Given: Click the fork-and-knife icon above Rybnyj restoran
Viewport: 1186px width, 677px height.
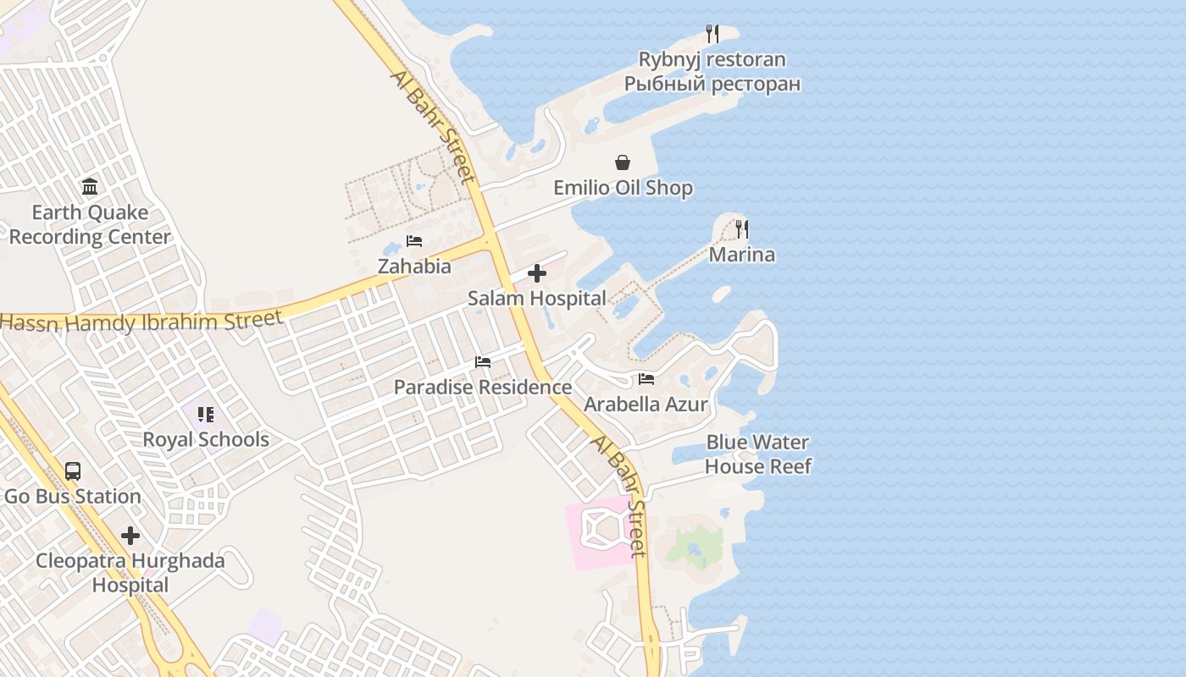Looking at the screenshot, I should (712, 34).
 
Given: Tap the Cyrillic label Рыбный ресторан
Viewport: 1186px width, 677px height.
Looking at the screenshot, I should (712, 84).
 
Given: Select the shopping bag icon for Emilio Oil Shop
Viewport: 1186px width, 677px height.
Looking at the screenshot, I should (623, 162).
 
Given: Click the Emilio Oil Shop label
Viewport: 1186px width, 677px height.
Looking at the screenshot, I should (623, 188).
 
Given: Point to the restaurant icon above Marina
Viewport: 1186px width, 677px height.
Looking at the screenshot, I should (742, 228).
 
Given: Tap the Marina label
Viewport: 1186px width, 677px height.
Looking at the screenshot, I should (742, 255).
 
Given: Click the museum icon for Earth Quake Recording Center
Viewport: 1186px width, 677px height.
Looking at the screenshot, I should (90, 186).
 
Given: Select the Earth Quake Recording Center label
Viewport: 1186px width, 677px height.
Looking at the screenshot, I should (90, 225).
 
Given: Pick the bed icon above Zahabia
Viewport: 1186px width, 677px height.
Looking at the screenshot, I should (414, 241).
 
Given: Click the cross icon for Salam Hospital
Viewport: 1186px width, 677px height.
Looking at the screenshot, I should (537, 273).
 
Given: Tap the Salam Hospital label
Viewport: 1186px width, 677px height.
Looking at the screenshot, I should (537, 299).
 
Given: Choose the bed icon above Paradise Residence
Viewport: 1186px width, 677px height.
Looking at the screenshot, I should (483, 362).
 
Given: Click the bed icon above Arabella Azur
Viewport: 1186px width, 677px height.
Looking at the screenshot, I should (646, 379).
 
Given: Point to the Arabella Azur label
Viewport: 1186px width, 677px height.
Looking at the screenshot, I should (646, 405).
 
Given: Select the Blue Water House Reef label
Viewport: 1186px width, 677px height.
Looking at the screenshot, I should (757, 454).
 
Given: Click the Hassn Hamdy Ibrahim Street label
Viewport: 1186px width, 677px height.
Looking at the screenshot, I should (141, 321).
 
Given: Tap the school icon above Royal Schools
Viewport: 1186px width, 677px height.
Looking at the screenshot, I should (206, 415).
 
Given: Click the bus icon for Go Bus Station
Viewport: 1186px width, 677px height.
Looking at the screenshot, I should (73, 471).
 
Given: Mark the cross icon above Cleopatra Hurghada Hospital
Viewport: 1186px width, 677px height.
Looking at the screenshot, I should (130, 536).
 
